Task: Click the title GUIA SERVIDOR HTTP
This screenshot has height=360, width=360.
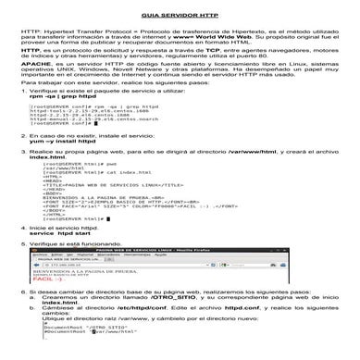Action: [x=180, y=18]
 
